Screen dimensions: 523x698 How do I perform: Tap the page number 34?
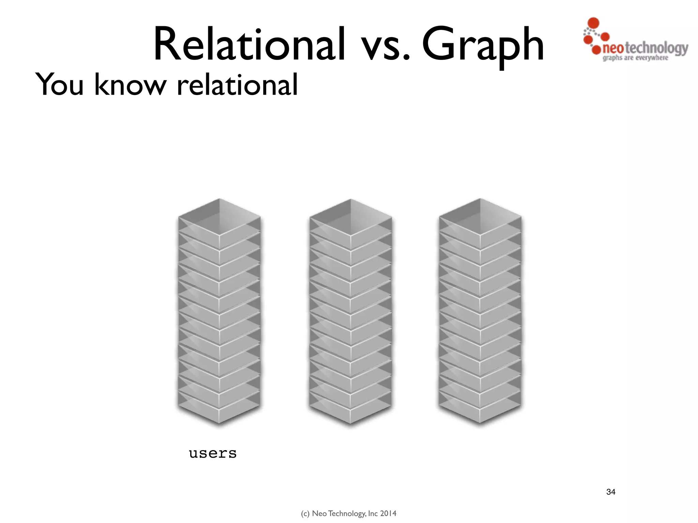(611, 492)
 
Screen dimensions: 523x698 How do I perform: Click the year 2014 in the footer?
(388, 513)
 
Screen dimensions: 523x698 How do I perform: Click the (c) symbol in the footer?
(305, 513)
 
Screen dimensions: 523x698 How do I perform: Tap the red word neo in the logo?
(613, 48)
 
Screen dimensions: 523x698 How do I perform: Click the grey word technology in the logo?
(656, 48)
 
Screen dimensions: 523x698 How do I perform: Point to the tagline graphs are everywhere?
(635, 58)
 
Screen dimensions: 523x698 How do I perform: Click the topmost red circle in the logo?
(594, 22)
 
